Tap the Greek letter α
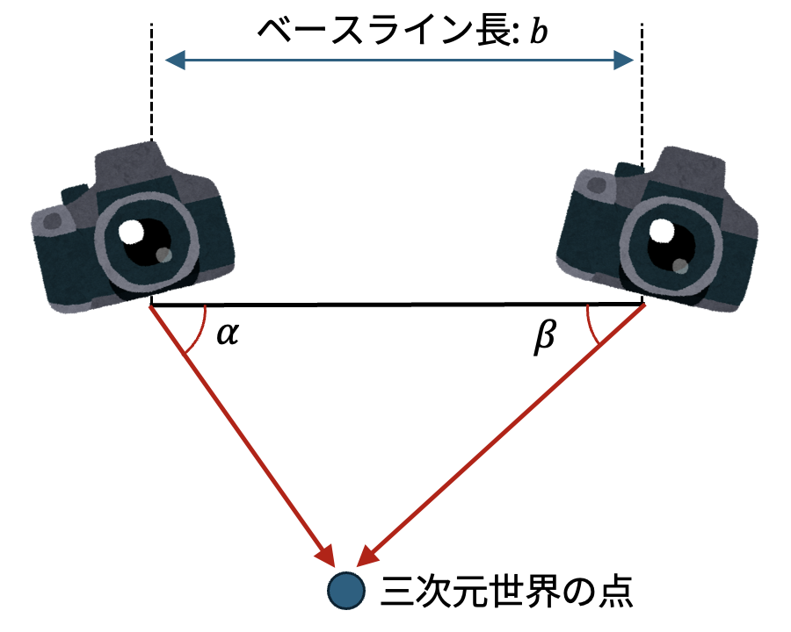tap(227, 334)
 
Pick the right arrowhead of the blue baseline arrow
tap(623, 60)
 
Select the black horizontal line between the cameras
tap(395, 305)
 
